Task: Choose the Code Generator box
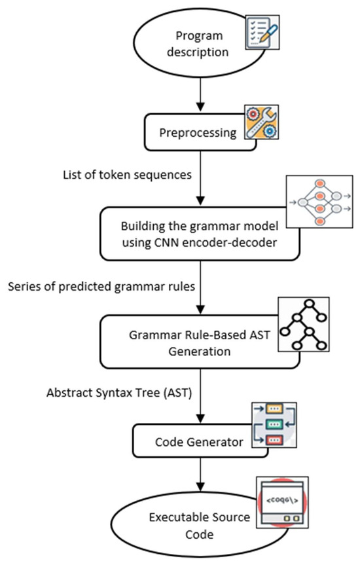pyautogui.click(x=196, y=442)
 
